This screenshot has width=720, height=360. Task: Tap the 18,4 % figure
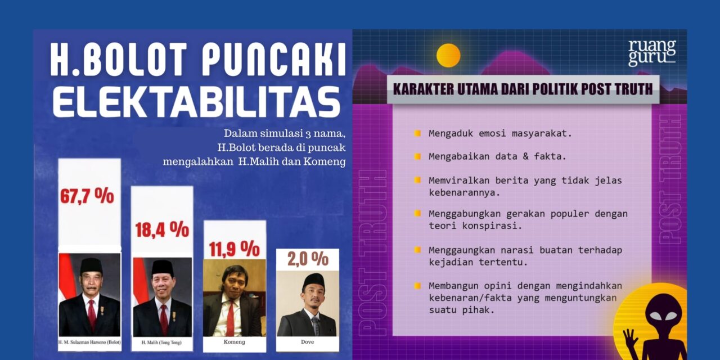162,229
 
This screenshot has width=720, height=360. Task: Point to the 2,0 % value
307,259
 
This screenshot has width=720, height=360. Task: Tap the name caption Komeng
234,342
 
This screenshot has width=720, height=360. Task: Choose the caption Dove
307,342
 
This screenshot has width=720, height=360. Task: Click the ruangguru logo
651,53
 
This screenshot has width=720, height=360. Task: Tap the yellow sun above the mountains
448,55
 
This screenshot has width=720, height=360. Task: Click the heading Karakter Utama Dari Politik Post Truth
523,89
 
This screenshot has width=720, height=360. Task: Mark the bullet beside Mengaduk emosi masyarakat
417,134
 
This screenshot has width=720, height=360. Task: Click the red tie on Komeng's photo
230,318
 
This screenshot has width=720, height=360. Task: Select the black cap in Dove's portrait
313,280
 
